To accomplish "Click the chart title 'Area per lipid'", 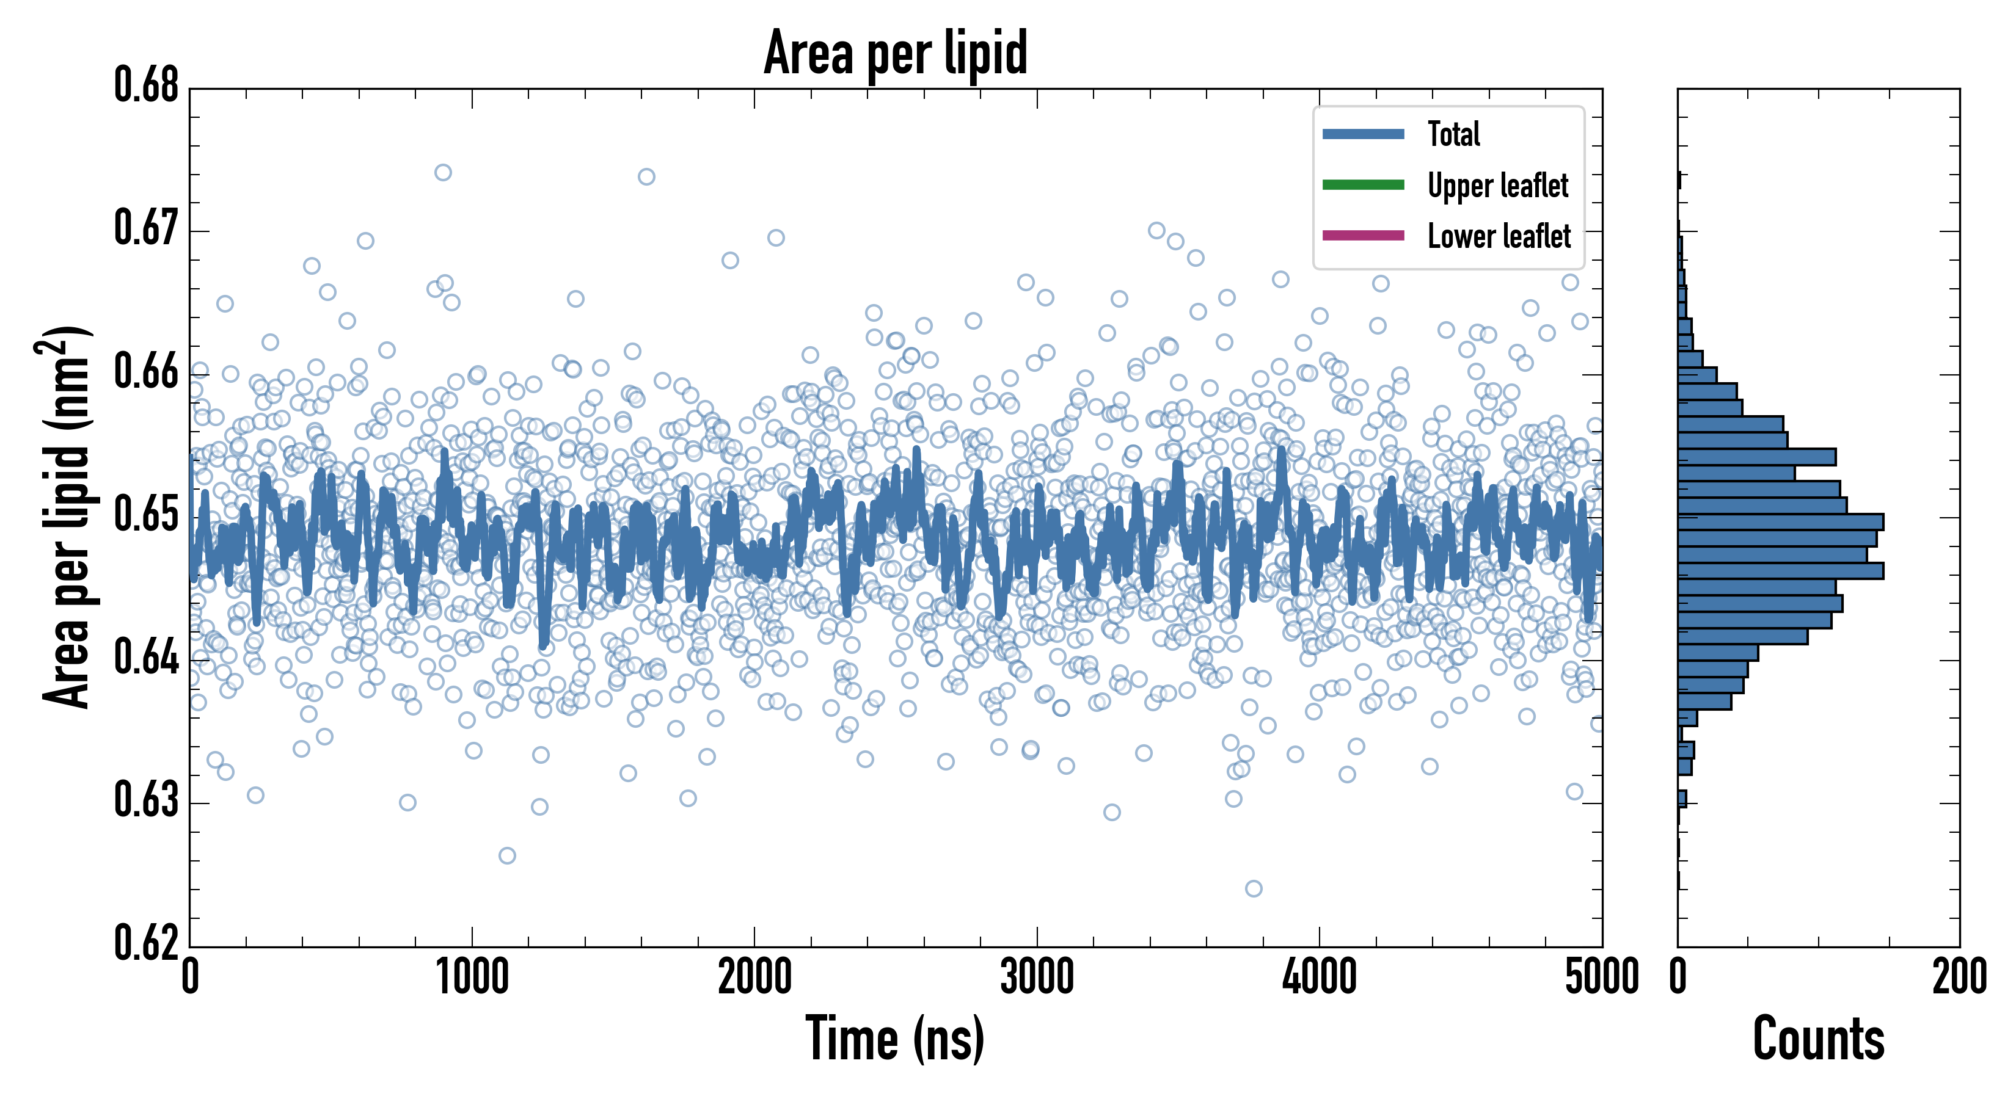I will point(896,53).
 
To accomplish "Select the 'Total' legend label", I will point(1453,134).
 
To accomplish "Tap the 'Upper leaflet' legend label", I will point(1497,186).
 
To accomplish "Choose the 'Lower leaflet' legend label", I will point(1499,236).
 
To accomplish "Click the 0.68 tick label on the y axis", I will point(147,85).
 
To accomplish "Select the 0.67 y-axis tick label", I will point(147,228).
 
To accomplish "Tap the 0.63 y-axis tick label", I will point(147,800).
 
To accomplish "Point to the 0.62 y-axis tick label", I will point(147,943).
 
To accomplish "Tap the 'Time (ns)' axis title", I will point(894,1039).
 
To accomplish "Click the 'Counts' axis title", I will point(1818,1039).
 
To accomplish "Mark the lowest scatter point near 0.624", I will point(1254,888).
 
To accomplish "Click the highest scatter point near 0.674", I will point(443,173).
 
